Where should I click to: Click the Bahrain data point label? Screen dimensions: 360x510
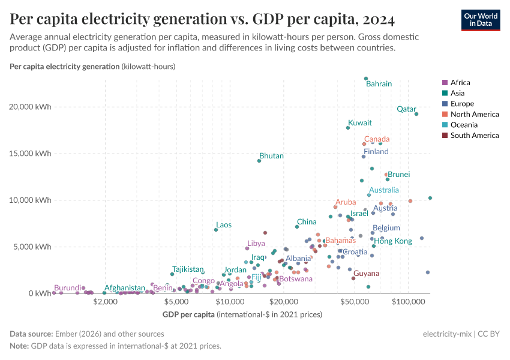[379, 84]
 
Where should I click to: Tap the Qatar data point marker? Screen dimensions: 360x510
[416, 114]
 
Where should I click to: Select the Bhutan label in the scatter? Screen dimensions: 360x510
[271, 156]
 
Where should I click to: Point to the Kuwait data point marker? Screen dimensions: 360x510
[348, 128]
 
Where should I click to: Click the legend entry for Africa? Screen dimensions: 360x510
[460, 83]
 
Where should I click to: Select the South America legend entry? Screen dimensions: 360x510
[474, 136]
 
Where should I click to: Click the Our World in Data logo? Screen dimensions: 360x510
[480, 19]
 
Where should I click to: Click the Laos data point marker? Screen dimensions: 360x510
[216, 230]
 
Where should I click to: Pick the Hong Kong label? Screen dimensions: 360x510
[393, 241]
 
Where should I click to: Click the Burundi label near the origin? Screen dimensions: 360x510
[67, 288]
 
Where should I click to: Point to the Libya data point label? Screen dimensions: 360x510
[256, 244]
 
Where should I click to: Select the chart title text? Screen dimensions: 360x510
[202, 20]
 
